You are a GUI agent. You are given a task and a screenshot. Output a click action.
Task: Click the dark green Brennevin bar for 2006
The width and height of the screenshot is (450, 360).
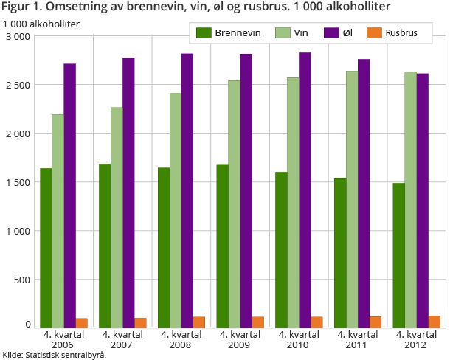[x=46, y=248]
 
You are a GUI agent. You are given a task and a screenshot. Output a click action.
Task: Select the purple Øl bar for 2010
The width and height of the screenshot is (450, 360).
[x=305, y=190]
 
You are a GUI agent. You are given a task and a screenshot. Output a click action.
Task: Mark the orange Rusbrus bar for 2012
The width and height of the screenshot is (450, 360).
[x=434, y=322]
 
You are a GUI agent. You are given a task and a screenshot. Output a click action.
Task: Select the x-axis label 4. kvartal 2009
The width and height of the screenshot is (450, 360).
[x=240, y=339]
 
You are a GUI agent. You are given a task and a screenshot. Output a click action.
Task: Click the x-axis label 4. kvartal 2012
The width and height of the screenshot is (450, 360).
[x=417, y=339]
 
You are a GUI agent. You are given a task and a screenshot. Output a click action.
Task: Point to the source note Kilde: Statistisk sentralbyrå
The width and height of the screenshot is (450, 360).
[x=55, y=355]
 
